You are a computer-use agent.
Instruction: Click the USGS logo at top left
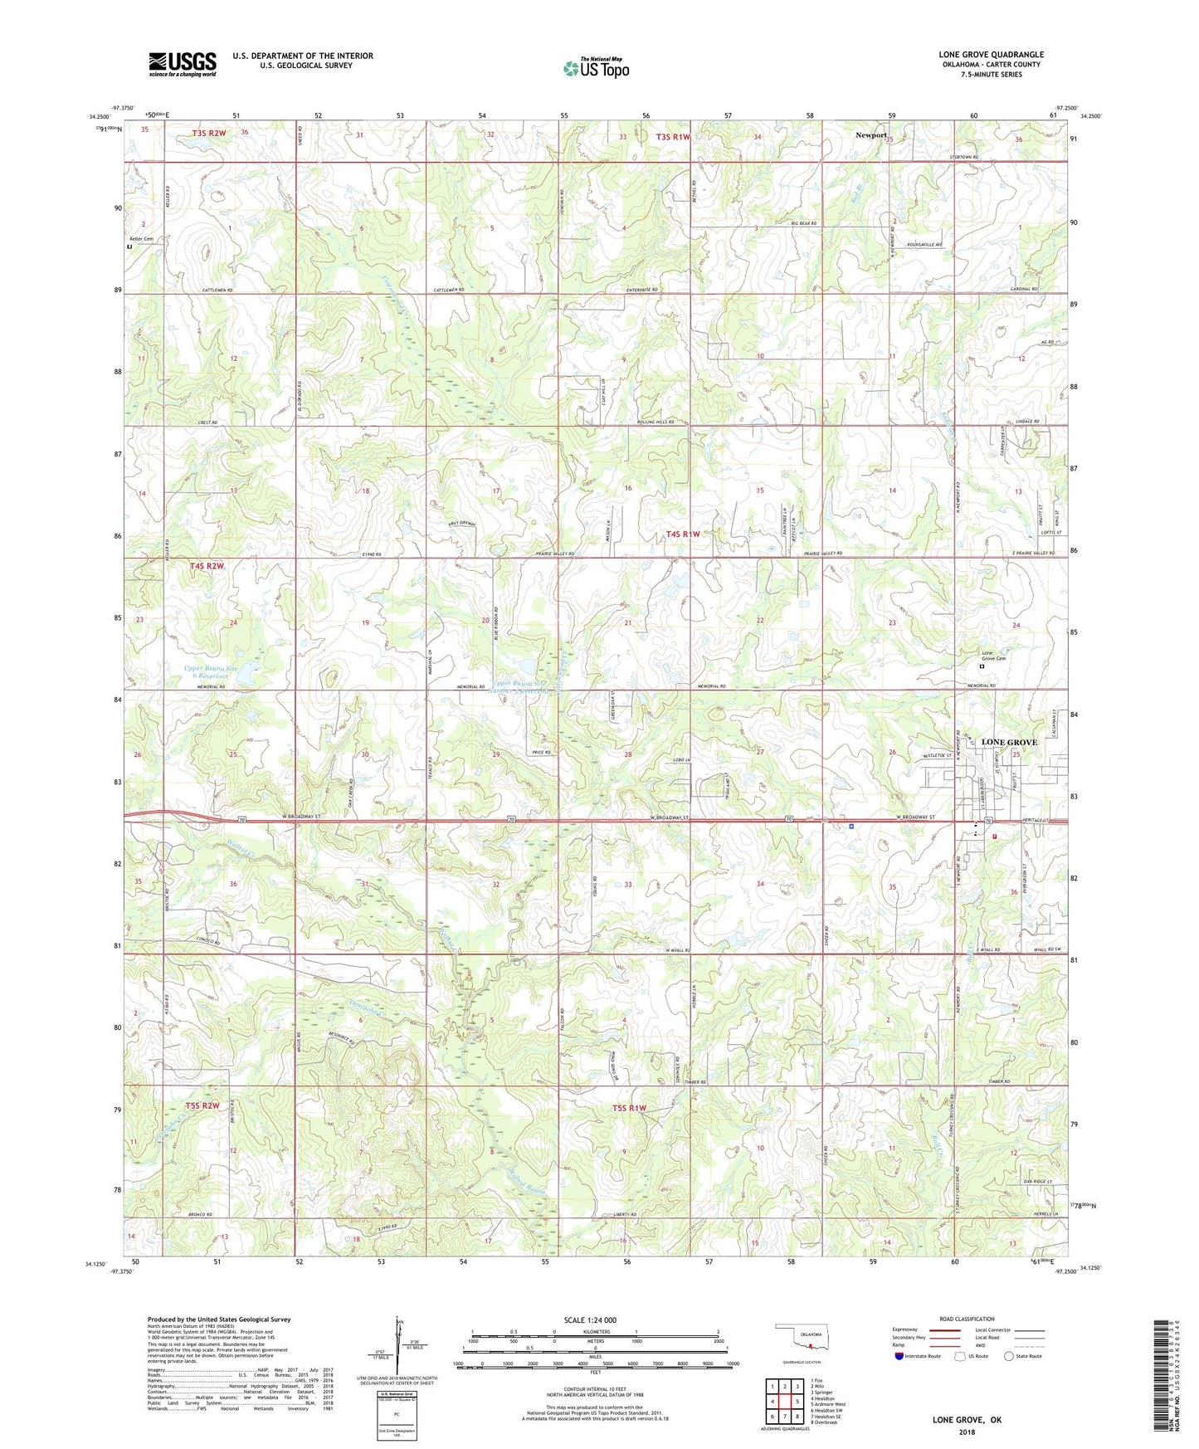[182, 64]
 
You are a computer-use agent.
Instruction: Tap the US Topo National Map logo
[595, 68]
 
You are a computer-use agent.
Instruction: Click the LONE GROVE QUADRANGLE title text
[991, 55]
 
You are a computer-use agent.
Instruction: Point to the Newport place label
[871, 134]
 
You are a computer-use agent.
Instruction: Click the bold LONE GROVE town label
[1009, 742]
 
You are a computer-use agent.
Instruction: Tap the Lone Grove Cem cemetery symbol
[982, 666]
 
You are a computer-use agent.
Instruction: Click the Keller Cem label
[141, 239]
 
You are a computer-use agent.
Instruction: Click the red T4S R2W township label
[207, 566]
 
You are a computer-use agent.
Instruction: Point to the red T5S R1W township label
[629, 1108]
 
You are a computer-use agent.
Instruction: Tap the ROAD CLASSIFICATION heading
[967, 1319]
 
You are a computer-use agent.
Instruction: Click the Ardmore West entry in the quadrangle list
[829, 1404]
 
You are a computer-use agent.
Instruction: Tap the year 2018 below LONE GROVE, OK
[967, 1432]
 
